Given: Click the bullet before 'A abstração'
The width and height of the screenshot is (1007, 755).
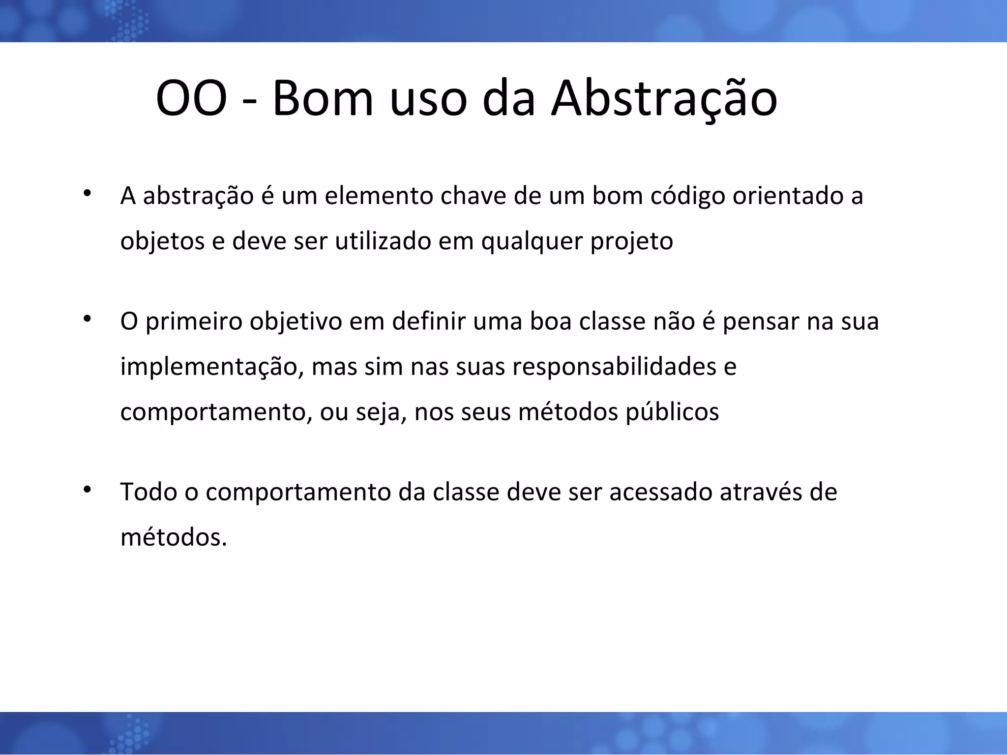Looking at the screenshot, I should pyautogui.click(x=87, y=193).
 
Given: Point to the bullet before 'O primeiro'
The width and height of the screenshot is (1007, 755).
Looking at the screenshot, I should pyautogui.click(x=87, y=319).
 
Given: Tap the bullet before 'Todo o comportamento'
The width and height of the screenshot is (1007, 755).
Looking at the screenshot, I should pyautogui.click(x=87, y=489).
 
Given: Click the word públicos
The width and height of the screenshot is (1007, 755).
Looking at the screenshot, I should pyautogui.click(x=672, y=412).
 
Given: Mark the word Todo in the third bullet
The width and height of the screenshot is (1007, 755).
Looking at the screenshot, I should pyautogui.click(x=148, y=492).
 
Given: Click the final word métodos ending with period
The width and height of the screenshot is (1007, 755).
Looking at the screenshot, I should pyautogui.click(x=174, y=537).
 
